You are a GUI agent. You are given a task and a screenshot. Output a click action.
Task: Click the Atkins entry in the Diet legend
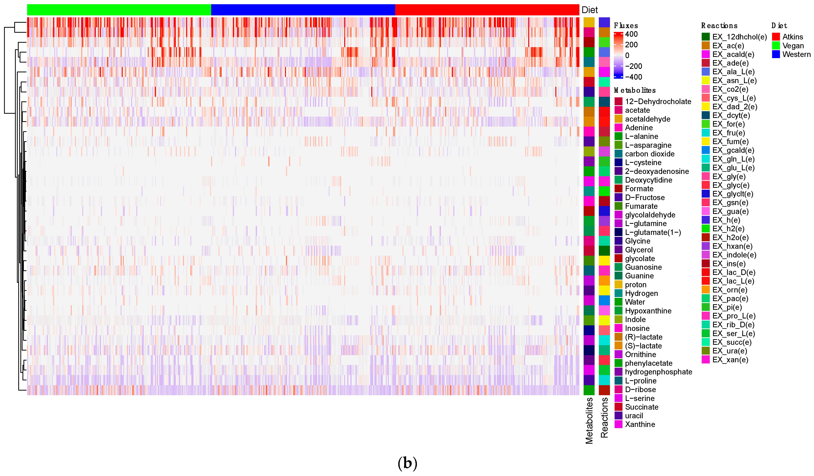pyautogui.click(x=792, y=37)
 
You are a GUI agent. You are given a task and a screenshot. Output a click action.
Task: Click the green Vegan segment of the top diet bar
pyautogui.click(x=119, y=10)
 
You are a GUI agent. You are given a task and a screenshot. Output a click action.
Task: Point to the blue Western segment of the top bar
pyautogui.click(x=303, y=10)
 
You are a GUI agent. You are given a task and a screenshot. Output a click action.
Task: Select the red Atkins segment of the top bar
pyautogui.click(x=487, y=10)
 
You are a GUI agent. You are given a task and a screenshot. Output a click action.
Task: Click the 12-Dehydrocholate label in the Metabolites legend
pyautogui.click(x=658, y=101)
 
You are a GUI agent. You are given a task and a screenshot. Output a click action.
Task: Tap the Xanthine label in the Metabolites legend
pyautogui.click(x=640, y=424)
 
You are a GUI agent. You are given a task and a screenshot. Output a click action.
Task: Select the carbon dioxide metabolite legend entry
pyautogui.click(x=650, y=154)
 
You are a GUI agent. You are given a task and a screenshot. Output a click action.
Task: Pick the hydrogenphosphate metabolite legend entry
pyautogui.click(x=658, y=372)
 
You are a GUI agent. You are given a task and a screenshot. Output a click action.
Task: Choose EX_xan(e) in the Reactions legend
pyautogui.click(x=730, y=360)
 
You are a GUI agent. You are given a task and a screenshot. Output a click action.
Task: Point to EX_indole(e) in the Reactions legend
pyautogui.click(x=734, y=255)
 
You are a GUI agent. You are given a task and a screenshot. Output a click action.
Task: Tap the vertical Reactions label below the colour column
pyautogui.click(x=604, y=418)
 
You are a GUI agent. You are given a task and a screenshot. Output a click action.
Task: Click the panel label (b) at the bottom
pyautogui.click(x=407, y=463)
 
